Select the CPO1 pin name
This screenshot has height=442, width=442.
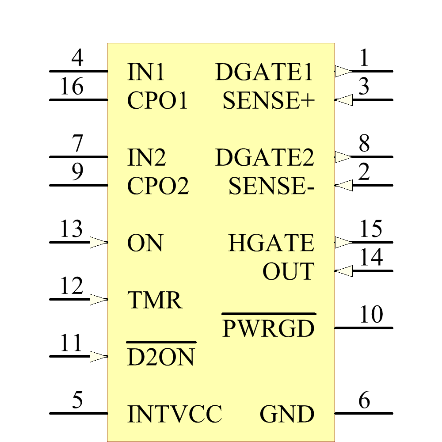point(157,101)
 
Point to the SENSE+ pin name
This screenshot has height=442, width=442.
point(269,101)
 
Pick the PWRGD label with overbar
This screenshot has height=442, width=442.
point(268,328)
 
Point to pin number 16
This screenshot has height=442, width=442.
point(72,87)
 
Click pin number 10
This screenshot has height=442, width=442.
point(371,315)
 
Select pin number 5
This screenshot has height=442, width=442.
point(77,400)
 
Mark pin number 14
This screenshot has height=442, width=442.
point(371,258)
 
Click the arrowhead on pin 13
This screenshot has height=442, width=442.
point(98,242)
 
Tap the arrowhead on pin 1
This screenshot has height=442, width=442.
point(343,71)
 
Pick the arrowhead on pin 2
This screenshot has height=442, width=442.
point(344,185)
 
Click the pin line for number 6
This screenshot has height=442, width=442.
point(363,413)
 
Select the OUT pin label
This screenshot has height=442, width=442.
point(288,272)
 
